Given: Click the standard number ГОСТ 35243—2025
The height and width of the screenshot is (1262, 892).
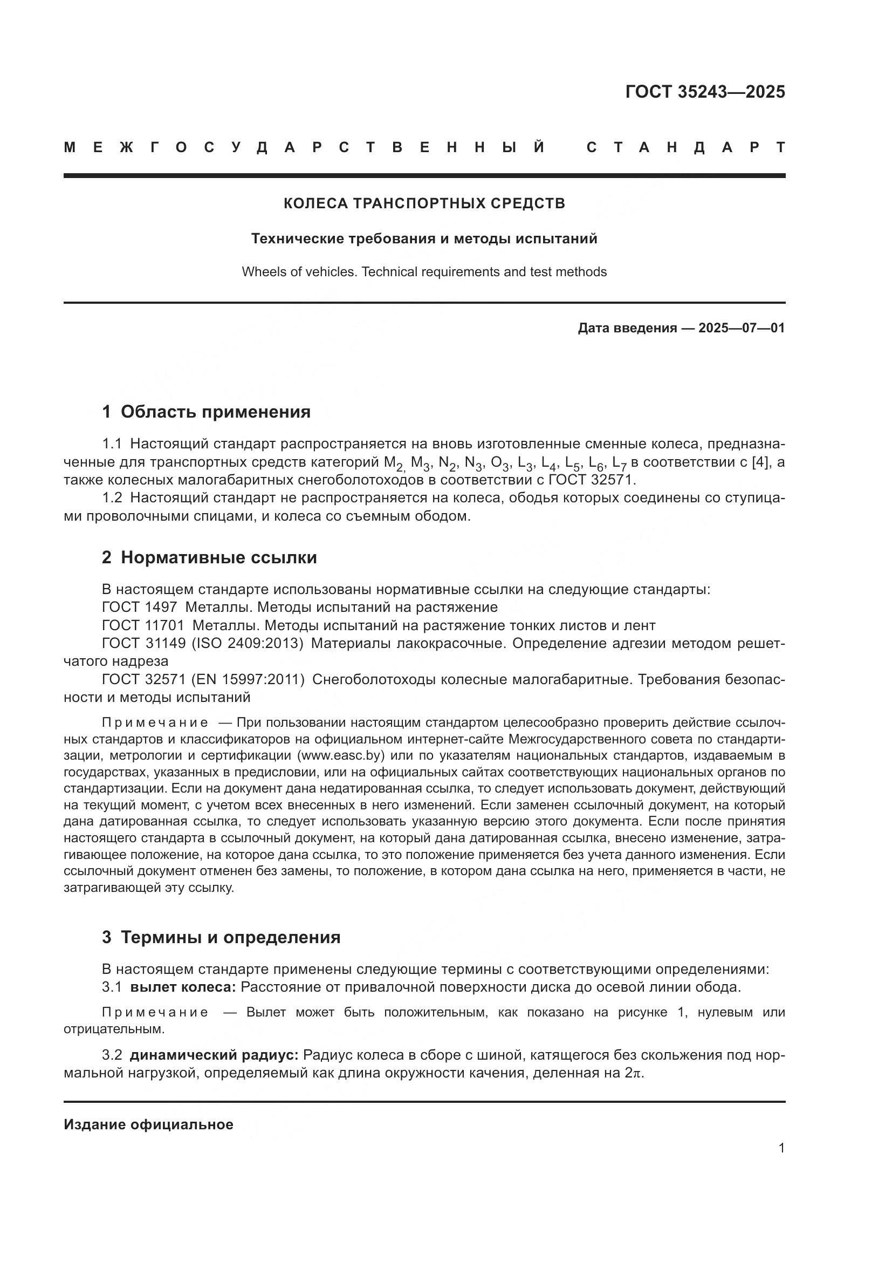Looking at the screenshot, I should pos(705,91).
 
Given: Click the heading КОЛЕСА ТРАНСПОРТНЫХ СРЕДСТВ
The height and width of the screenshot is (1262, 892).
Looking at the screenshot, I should pos(424,204).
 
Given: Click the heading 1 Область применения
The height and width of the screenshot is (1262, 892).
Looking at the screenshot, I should pos(206,412).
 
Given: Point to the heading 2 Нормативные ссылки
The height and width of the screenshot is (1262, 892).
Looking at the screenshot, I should pos(209,557).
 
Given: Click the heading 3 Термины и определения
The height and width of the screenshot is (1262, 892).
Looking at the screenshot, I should pos(221,937).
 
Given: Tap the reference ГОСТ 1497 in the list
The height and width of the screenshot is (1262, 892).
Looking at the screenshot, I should pos(140,608).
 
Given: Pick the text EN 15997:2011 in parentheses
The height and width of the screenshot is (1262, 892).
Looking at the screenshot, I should pos(248,679).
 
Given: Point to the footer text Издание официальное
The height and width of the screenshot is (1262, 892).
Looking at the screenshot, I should pos(148,1124).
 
